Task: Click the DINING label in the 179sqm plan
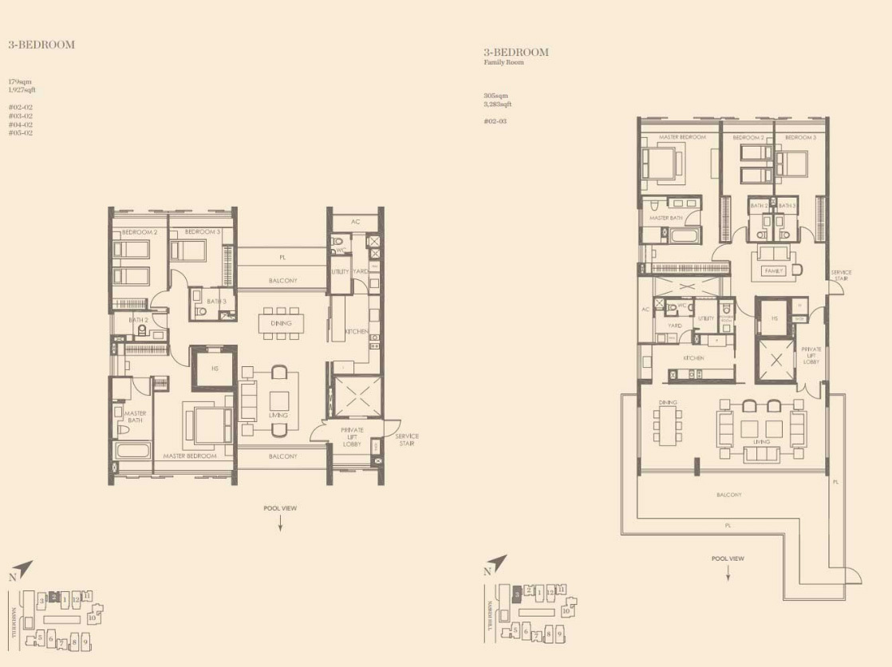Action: point(281,323)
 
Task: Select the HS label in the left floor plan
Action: point(215,369)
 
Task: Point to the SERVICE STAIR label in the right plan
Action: point(841,275)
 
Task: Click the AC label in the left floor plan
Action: point(357,221)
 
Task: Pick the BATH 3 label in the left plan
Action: point(215,301)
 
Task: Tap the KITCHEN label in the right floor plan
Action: point(693,358)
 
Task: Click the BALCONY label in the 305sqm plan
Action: point(728,495)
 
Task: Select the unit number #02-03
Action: point(495,121)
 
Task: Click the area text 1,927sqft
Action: point(22,90)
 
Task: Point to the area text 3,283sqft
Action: point(498,104)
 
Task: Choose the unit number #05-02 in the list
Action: point(21,133)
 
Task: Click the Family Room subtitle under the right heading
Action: point(504,62)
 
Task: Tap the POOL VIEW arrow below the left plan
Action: point(280,523)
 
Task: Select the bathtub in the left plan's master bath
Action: point(132,450)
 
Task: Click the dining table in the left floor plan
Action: point(281,323)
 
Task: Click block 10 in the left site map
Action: point(93,617)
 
